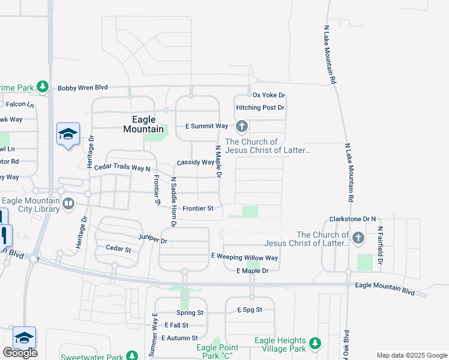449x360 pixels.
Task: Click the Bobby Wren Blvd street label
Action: tap(82, 88)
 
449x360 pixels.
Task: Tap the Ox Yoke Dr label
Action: tap(268, 95)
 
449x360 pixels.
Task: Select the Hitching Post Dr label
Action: tap(260, 107)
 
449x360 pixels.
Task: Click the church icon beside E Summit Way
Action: tap(242, 126)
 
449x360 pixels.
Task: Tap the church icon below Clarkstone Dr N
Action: tap(358, 238)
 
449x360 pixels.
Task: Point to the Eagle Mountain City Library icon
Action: tap(68, 205)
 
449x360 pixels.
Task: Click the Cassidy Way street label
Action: tap(196, 163)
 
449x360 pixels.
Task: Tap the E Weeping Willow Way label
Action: tap(244, 257)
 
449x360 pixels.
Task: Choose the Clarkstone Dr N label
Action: tap(352, 220)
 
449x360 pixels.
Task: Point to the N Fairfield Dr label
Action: tap(380, 247)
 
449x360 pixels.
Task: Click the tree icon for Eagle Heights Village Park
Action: tap(315, 344)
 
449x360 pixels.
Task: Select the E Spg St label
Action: tap(249, 310)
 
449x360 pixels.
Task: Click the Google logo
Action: tap(20, 353)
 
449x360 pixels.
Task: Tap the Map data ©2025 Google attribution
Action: tap(411, 355)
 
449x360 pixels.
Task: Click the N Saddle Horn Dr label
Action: tap(173, 202)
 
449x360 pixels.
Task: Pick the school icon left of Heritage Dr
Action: tap(68, 134)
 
